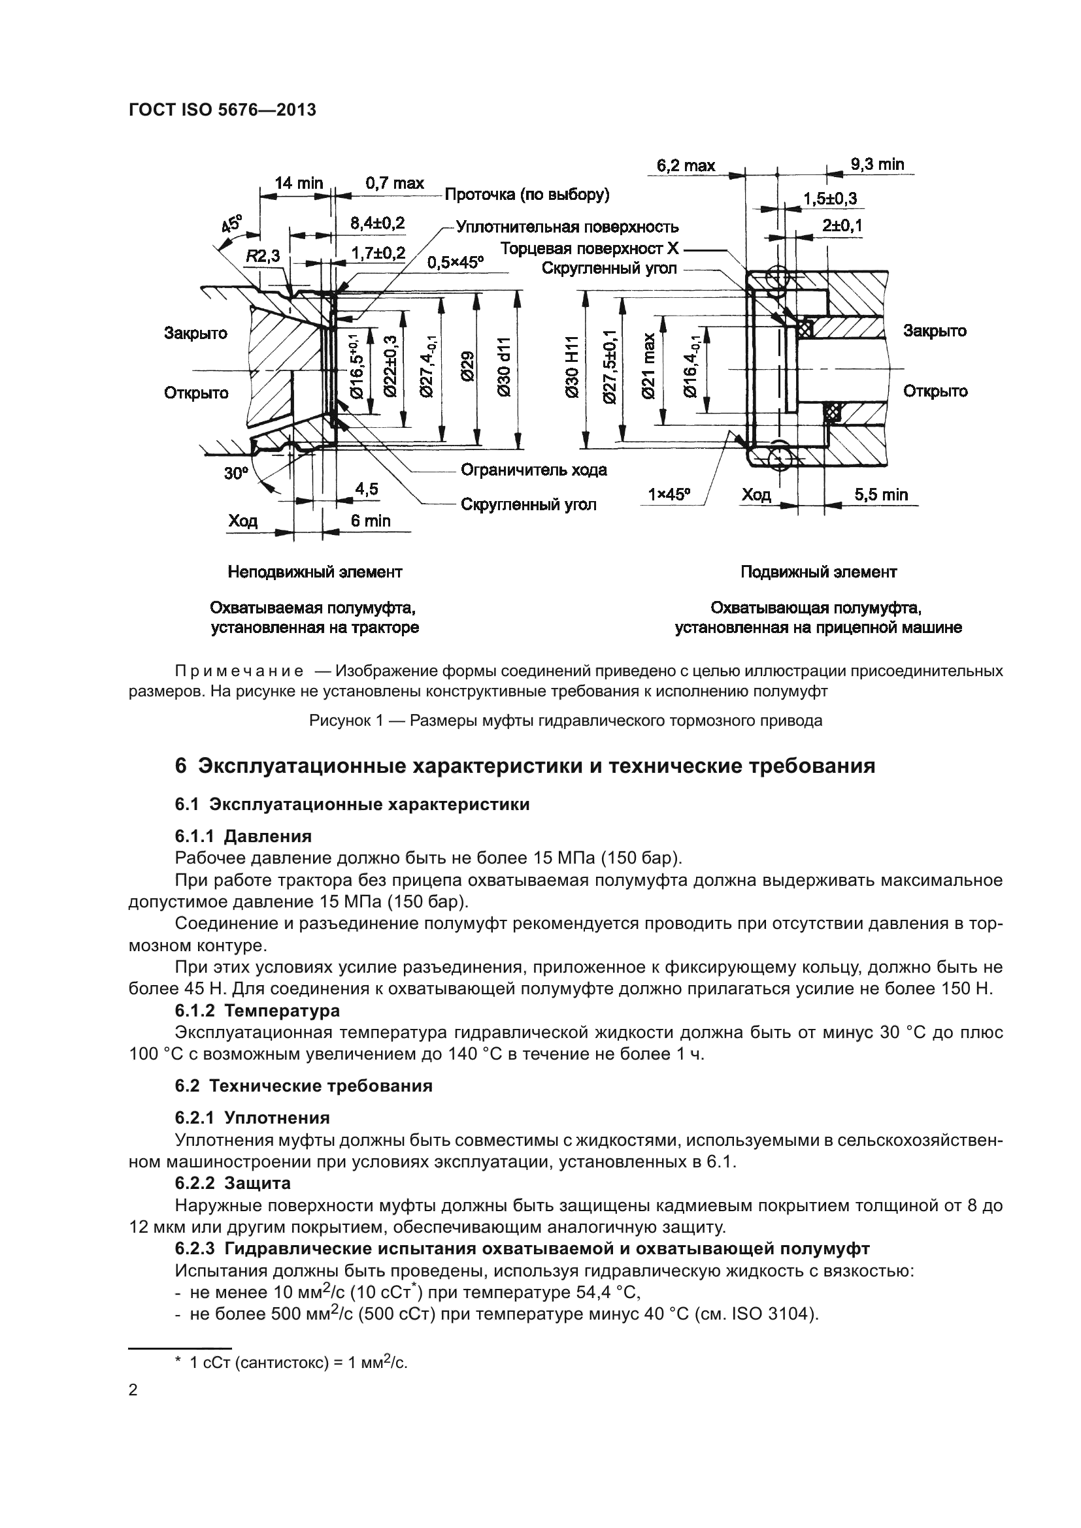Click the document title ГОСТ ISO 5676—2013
[222, 110]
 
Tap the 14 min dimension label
[299, 183]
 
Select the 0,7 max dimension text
[394, 183]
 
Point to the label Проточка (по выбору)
[527, 194]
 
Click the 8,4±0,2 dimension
[377, 223]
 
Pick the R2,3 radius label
[263, 256]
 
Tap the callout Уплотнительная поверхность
[567, 227]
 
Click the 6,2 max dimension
[686, 165]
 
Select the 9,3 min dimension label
[877, 164]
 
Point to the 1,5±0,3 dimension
[830, 199]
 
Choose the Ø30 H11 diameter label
[572, 367]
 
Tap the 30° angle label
[235, 474]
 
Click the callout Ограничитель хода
[534, 470]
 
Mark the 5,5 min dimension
[881, 495]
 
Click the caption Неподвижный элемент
[315, 572]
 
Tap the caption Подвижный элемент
[819, 572]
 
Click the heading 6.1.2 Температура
[257, 1010]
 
